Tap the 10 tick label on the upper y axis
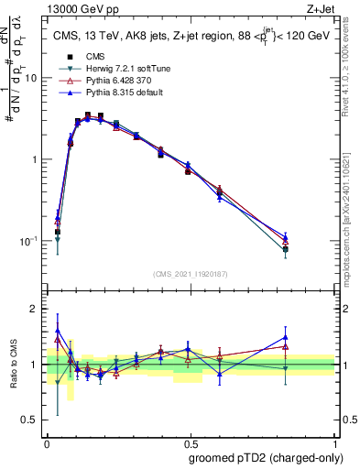point(31,78)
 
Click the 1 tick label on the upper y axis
point(34,159)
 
